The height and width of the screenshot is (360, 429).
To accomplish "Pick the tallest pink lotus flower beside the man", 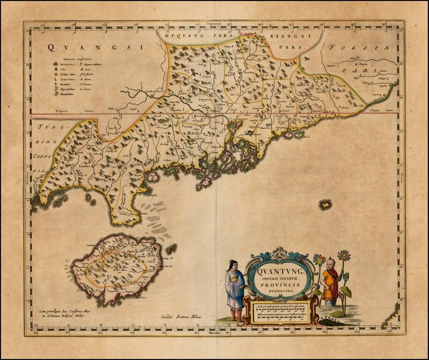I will (x=344, y=255).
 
